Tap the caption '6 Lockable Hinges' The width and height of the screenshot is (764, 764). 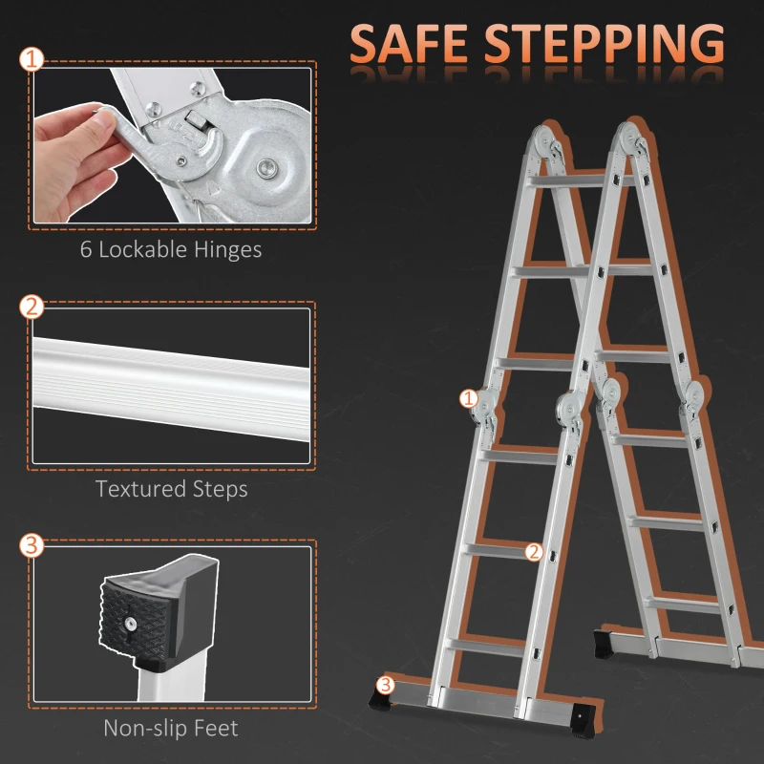point(171,250)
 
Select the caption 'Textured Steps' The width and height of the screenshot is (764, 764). point(171,489)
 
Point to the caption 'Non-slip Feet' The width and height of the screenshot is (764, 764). point(171,728)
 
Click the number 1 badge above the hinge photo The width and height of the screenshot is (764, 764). point(32,59)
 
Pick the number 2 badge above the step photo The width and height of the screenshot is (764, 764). point(32,307)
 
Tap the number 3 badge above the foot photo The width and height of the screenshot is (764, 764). point(32,545)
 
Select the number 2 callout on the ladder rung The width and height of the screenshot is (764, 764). point(534,551)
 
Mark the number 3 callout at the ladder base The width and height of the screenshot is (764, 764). point(385,684)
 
